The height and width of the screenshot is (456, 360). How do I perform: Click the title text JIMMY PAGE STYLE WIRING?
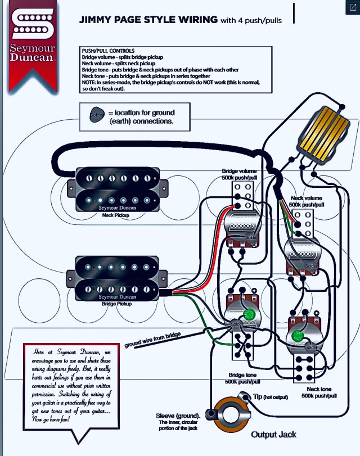point(148,20)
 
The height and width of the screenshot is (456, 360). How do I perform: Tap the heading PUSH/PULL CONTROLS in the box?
point(108,51)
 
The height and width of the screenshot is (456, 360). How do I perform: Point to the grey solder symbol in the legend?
point(97,115)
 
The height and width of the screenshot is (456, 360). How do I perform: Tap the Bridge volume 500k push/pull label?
point(241,174)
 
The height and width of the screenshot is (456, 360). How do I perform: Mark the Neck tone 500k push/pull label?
point(319,392)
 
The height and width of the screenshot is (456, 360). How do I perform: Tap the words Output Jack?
point(273,434)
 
